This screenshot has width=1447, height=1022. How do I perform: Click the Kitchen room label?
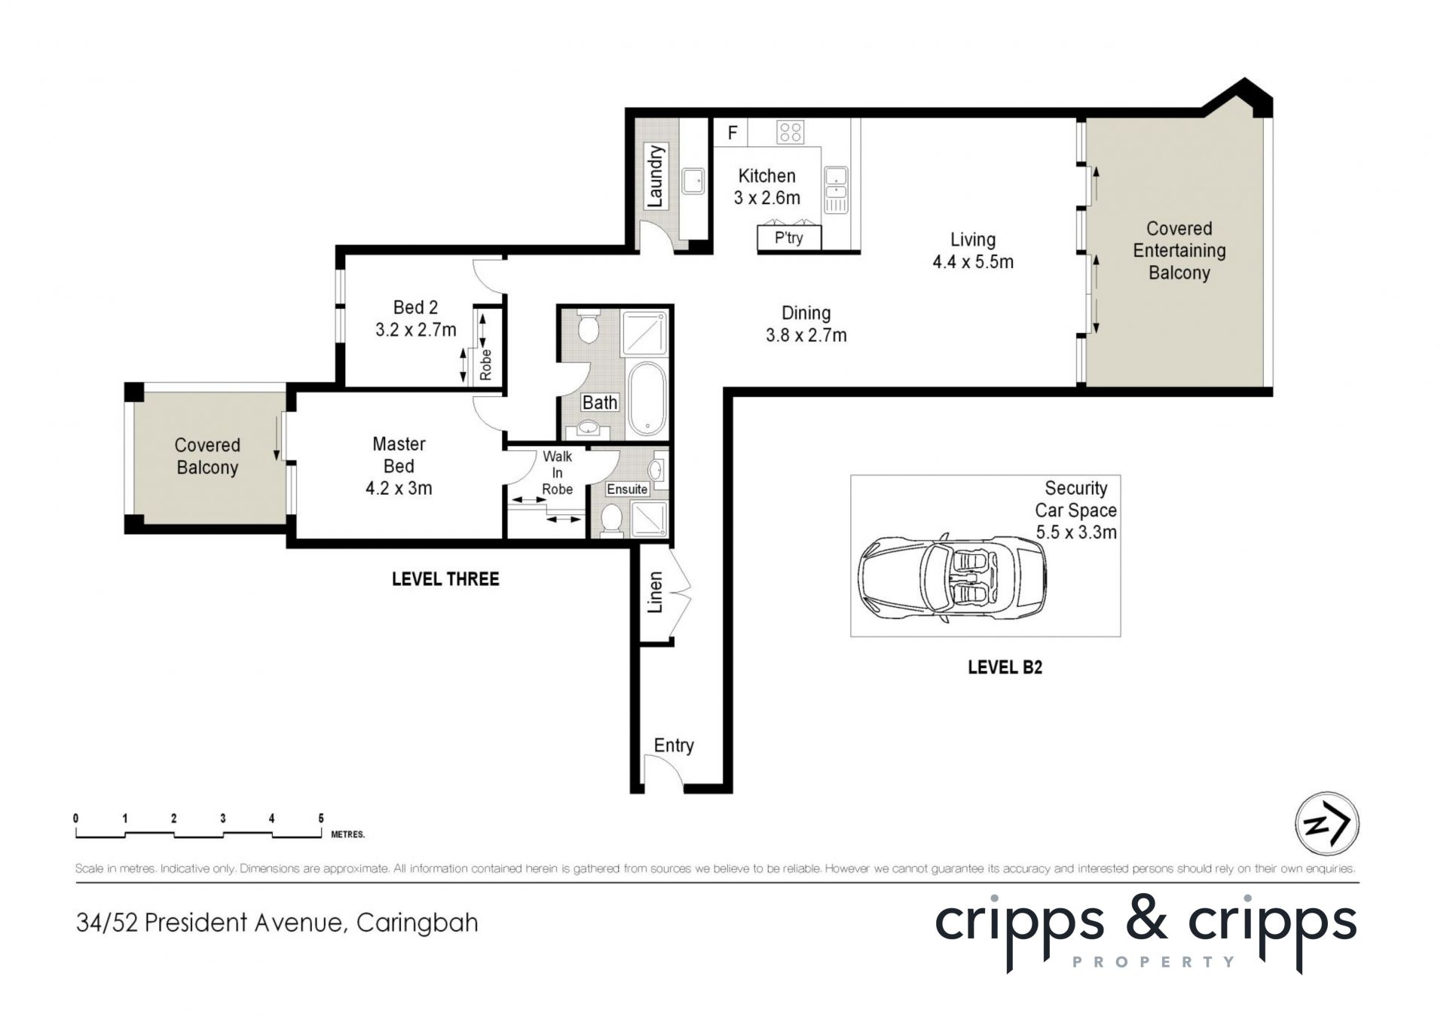766,175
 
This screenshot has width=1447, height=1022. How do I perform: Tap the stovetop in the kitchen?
791,133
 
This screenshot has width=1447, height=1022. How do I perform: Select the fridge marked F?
732,133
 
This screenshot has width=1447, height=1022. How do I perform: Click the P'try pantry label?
789,238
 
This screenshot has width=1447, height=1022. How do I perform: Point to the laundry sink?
693,182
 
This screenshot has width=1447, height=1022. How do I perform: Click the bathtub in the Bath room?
647,399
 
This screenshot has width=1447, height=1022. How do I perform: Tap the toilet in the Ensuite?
610,520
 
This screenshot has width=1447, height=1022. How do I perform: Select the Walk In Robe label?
558,473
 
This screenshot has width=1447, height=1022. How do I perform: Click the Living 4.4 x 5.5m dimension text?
973,262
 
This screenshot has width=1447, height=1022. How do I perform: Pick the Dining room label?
806,313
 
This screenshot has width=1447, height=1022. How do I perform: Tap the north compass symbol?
1326,823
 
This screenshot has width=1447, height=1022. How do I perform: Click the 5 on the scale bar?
321,818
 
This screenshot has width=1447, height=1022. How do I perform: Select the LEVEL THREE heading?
445,579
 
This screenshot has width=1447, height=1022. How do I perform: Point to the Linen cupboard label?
656,592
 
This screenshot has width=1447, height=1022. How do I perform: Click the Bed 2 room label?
415,307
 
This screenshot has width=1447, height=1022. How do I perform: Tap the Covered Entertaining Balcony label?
1179,251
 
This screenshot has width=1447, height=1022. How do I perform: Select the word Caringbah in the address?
417,923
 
